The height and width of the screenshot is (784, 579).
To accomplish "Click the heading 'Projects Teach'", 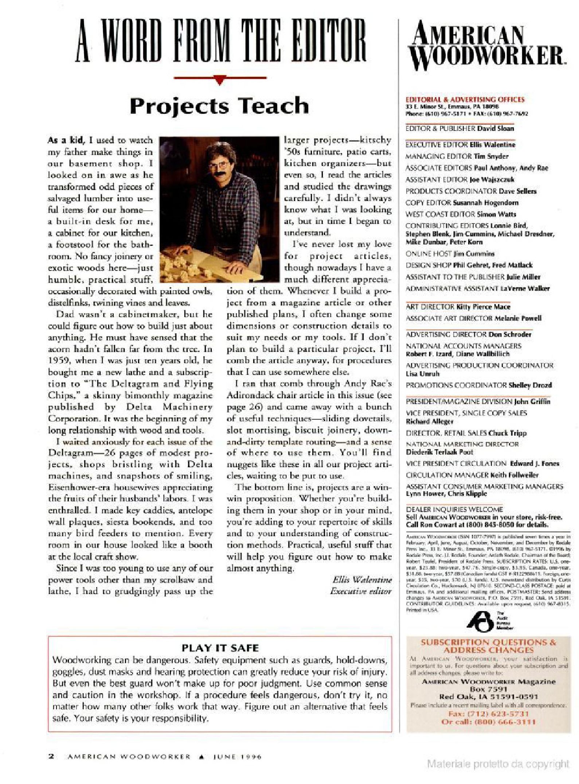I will [219, 106].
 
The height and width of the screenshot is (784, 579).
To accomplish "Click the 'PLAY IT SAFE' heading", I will [220, 648].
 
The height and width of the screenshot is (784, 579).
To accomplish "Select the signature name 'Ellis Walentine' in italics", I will [362, 579].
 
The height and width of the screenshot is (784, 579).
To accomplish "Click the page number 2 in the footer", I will [51, 756].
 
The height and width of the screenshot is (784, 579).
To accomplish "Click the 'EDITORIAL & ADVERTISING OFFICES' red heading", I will [465, 99].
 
